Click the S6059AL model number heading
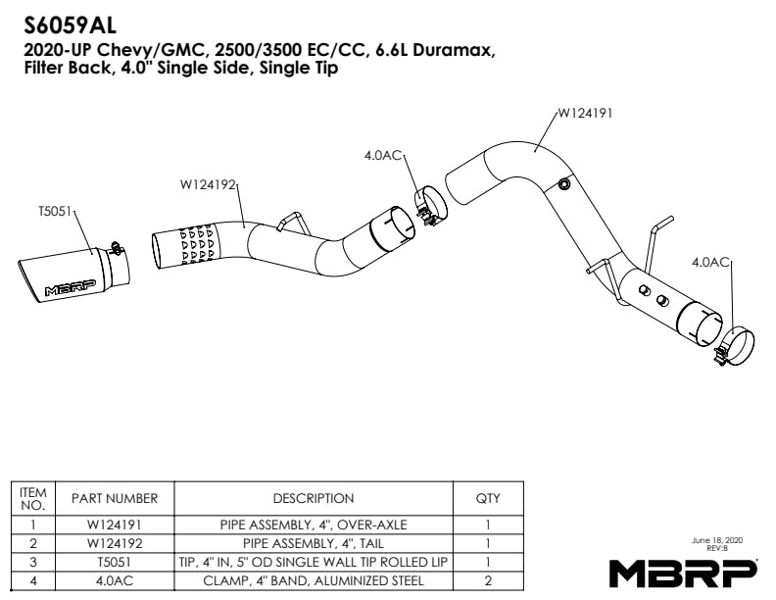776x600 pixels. point(70,25)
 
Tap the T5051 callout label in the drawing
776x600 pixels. point(55,212)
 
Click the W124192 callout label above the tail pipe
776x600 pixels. point(208,184)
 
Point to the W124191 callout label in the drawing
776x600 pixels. point(586,114)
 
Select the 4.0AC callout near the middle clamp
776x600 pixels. point(382,155)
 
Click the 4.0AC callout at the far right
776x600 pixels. point(710,262)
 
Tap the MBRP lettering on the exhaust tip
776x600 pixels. point(71,288)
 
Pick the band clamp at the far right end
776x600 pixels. point(735,347)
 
